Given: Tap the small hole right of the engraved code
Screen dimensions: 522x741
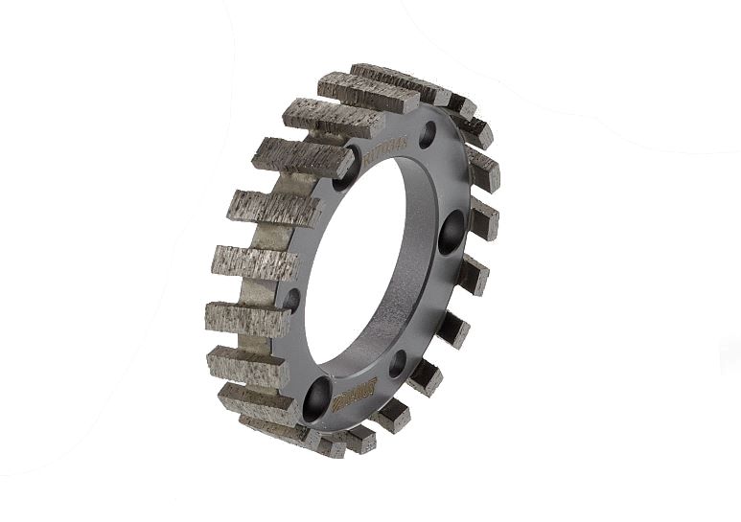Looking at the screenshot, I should point(427,134).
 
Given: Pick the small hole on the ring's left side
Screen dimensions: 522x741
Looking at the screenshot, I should point(291,300).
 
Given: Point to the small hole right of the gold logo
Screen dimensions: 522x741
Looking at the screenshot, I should point(398,363).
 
